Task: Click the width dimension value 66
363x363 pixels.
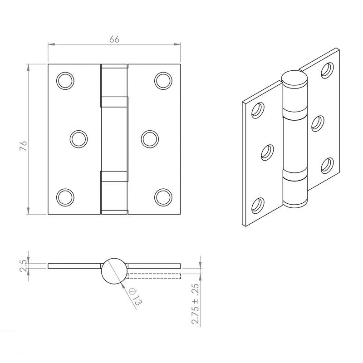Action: [114, 39]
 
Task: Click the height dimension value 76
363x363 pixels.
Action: [24, 146]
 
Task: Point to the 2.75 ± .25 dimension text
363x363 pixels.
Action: [196, 304]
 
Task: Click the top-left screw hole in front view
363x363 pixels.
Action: [65, 80]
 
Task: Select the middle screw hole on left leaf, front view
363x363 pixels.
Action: [78, 138]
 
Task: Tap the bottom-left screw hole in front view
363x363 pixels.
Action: [65, 196]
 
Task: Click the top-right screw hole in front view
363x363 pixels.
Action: [163, 80]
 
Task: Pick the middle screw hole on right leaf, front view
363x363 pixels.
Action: [149, 138]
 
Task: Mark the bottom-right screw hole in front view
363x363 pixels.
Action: [163, 196]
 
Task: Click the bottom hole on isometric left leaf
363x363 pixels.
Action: [259, 205]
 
